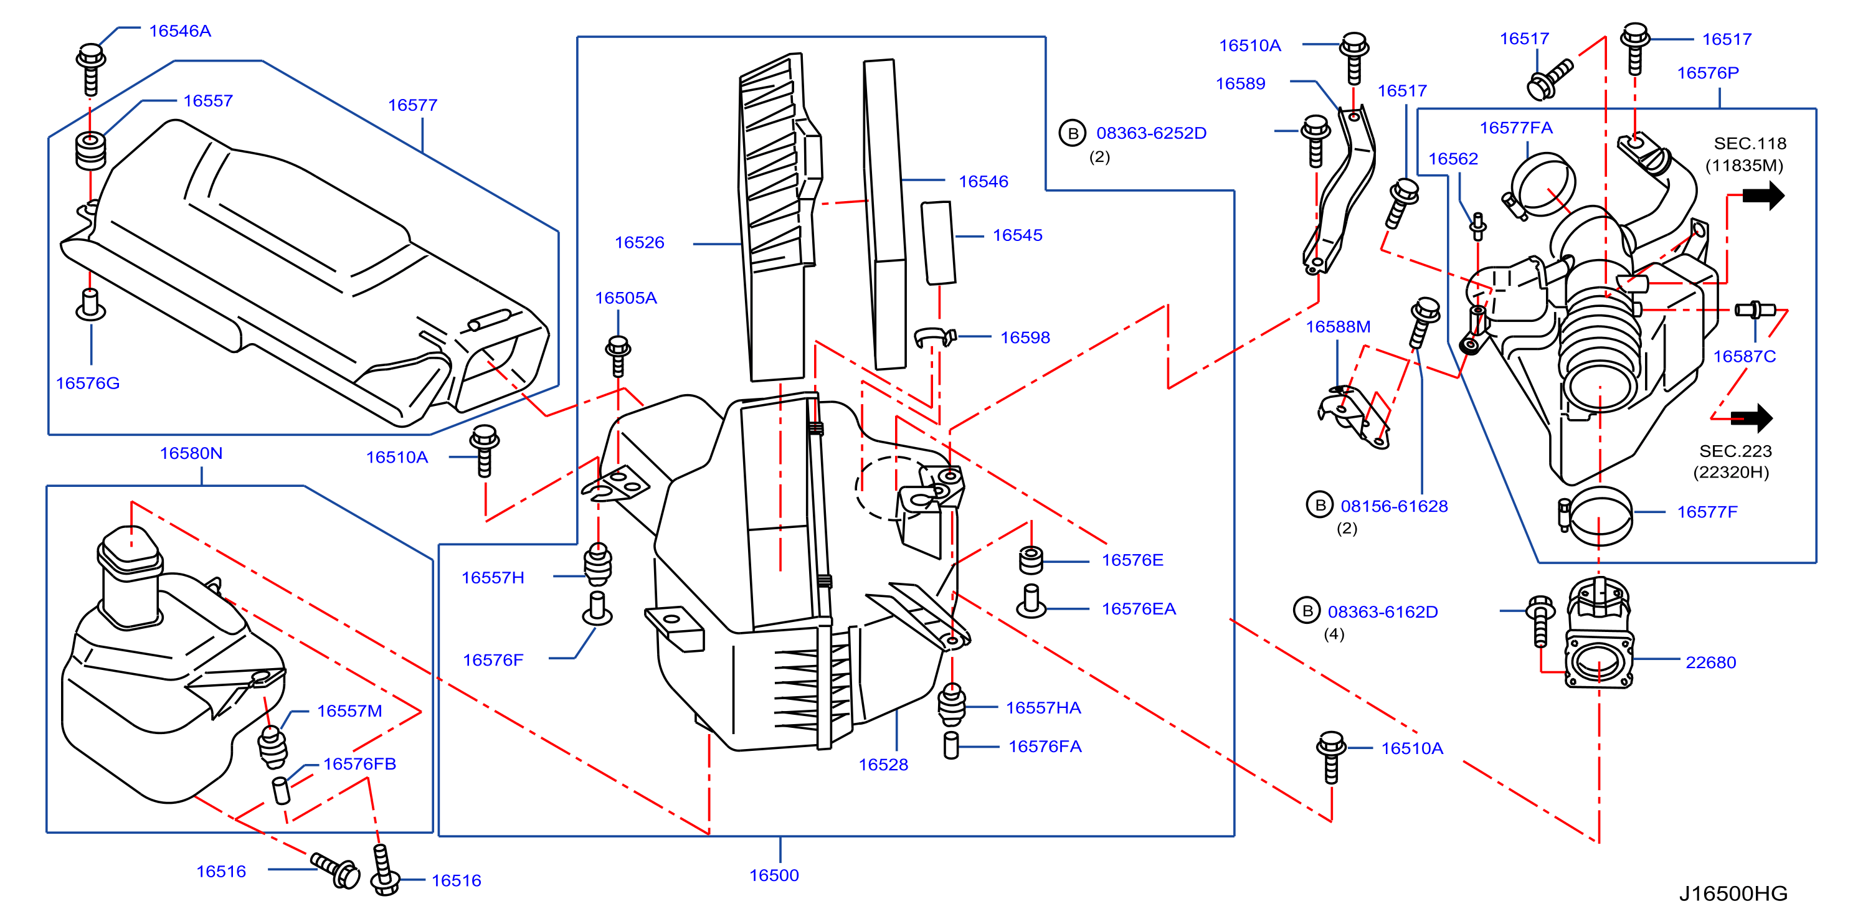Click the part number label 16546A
(180, 31)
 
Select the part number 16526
(639, 242)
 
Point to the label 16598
(1025, 337)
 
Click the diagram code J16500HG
(1733, 893)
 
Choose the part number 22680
(1710, 662)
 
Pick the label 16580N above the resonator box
(191, 453)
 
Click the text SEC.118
(1750, 143)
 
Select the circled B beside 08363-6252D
(1073, 133)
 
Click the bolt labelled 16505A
(618, 356)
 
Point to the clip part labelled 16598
(934, 337)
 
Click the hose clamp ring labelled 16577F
(1598, 516)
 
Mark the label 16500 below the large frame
(774, 875)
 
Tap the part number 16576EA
(1139, 609)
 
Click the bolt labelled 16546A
(90, 70)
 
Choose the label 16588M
(1338, 327)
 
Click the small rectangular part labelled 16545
(938, 243)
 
